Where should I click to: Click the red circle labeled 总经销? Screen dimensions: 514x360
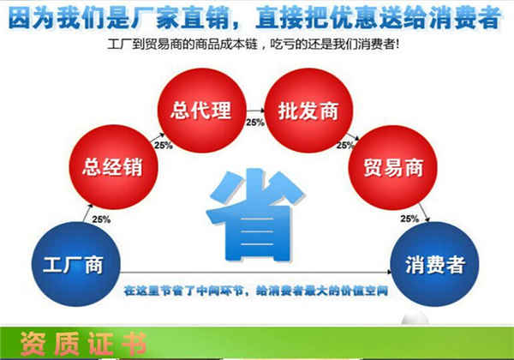[x=113, y=167]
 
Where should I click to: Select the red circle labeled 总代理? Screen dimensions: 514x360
[x=201, y=111]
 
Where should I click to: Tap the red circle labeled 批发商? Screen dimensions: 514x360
[x=308, y=111]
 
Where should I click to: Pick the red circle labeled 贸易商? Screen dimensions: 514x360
[x=392, y=167]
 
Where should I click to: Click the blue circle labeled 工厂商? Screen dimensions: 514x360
[x=76, y=264]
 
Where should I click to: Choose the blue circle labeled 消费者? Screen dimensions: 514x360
[x=434, y=264]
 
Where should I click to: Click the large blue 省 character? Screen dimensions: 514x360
[x=255, y=215]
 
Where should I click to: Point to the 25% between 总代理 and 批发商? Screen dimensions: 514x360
[x=255, y=123]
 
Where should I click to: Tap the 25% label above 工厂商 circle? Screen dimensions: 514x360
[x=101, y=219]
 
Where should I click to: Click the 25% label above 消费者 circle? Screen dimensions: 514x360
[x=409, y=219]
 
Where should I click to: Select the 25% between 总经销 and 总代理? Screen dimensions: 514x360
[x=164, y=145]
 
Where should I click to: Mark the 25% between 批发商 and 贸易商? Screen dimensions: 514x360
[x=345, y=145]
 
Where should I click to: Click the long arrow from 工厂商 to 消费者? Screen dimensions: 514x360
[x=255, y=272]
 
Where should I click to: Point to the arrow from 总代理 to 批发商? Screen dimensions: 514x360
[x=255, y=111]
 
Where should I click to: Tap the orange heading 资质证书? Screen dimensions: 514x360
[x=83, y=344]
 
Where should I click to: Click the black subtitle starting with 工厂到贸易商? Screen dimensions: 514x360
[x=254, y=44]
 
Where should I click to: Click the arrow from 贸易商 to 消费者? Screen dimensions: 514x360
[x=424, y=213]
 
